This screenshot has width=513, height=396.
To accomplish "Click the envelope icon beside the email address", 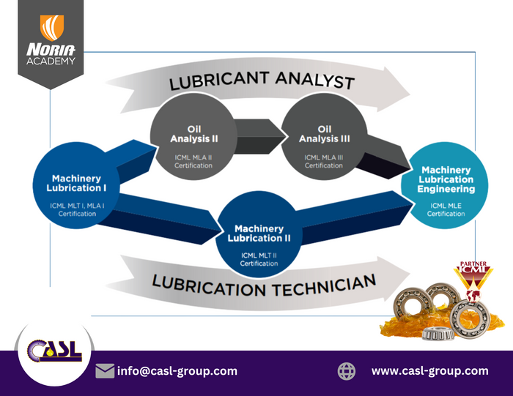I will coord(105,371).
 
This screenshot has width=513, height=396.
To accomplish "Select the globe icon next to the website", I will coord(347,371).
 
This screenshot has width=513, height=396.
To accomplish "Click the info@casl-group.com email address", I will coord(177,371).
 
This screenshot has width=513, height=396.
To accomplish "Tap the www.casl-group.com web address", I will coord(429,371).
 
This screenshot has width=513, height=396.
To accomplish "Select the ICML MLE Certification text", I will coord(447,209).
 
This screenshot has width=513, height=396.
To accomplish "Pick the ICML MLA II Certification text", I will coord(193,161).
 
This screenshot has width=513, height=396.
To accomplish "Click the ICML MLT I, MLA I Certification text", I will coord(76,209).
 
